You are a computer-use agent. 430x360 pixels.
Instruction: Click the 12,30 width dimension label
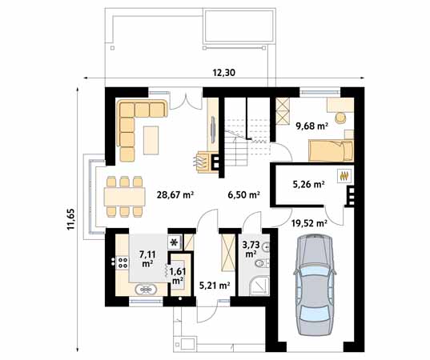click(x=223, y=73)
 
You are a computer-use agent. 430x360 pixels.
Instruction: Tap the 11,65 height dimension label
click(x=70, y=219)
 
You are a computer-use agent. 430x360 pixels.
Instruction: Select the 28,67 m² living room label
click(x=175, y=194)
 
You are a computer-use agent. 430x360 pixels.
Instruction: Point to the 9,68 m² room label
click(x=311, y=126)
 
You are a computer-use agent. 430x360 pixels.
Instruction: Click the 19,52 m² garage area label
click(x=309, y=223)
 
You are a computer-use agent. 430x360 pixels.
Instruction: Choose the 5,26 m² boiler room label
click(x=309, y=184)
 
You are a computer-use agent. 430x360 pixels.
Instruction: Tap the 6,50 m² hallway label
click(x=243, y=194)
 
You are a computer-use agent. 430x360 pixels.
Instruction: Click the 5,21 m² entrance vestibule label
click(x=214, y=286)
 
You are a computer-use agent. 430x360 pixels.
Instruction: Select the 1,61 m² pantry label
click(x=178, y=276)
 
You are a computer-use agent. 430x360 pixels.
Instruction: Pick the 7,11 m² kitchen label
click(x=147, y=259)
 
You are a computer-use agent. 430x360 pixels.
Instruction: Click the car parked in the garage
click(x=315, y=285)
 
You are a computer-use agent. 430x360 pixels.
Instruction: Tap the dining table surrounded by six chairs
click(x=124, y=197)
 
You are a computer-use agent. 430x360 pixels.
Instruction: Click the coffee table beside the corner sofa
click(x=151, y=140)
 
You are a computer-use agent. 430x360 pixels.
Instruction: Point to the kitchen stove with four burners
click(x=123, y=262)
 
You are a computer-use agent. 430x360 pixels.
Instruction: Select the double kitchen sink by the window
click(x=146, y=290)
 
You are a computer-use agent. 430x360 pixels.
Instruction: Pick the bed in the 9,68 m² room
click(x=331, y=150)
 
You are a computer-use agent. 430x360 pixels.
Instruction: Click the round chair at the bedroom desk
click(x=340, y=118)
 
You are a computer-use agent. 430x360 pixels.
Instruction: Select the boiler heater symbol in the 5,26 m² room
click(x=344, y=176)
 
